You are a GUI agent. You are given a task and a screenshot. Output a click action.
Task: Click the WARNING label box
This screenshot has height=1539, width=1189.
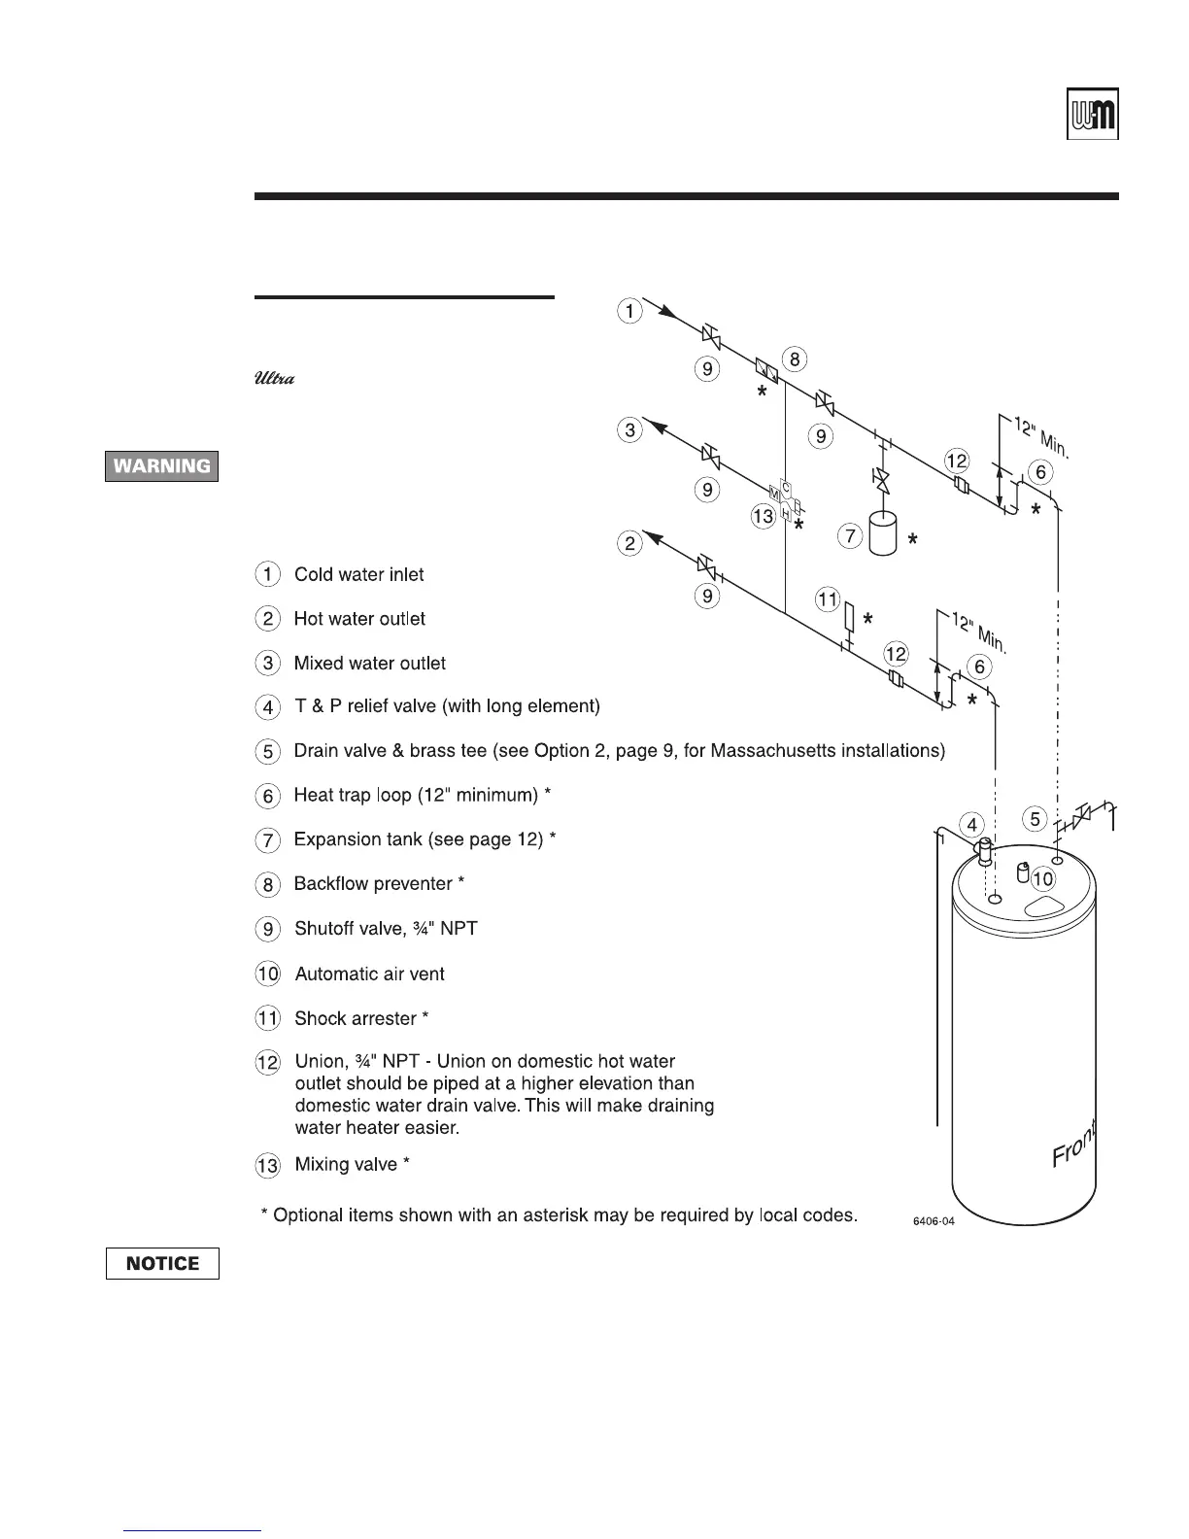[162, 466]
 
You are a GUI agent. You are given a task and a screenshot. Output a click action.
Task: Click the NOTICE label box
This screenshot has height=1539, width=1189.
[162, 1263]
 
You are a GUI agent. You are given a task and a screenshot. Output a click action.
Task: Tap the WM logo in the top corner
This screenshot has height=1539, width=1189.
[1093, 116]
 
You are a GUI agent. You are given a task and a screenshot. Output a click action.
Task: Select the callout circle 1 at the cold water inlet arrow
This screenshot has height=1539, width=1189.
[630, 311]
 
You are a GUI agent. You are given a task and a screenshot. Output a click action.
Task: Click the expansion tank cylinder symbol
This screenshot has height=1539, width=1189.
[883, 534]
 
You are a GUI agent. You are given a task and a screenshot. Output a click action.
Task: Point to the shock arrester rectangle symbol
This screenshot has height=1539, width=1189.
[849, 617]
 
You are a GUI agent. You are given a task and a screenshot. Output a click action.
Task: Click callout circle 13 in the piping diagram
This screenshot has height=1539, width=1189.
[763, 516]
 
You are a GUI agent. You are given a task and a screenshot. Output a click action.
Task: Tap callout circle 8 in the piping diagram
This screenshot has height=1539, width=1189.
[794, 359]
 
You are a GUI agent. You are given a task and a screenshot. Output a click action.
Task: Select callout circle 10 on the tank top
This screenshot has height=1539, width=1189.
[1042, 879]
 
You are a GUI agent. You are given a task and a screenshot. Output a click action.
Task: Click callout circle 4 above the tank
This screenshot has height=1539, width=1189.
[973, 825]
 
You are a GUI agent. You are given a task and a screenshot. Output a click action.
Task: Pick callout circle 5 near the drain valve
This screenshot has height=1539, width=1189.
[1036, 819]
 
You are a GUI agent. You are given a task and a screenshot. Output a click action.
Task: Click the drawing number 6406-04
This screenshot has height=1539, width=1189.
[934, 1221]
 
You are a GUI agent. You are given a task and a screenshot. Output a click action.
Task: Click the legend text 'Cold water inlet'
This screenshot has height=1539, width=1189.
[358, 574]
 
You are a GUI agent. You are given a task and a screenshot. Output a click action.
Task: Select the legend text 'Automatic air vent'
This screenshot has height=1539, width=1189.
[369, 974]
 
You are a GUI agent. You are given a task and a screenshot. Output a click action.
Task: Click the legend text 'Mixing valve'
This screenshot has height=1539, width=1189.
[346, 1164]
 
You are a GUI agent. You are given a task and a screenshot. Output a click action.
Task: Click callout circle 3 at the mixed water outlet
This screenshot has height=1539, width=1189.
[630, 429]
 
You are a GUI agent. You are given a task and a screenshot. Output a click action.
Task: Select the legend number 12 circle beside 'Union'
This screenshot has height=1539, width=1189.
[268, 1062]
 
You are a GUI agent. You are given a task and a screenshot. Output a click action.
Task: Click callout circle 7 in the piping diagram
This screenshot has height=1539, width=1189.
[850, 535]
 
